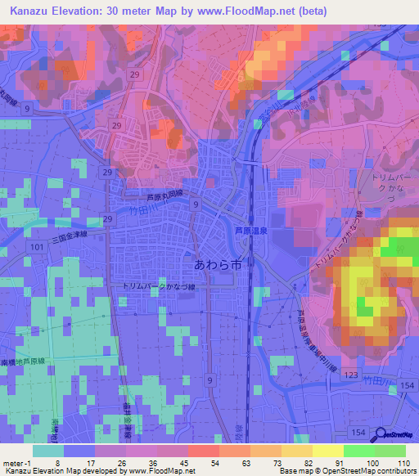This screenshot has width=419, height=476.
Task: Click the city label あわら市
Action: pyautogui.click(x=219, y=265)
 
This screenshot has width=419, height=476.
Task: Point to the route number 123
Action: pyautogui.click(x=349, y=375)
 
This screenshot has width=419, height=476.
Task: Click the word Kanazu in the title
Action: pyautogui.click(x=30, y=11)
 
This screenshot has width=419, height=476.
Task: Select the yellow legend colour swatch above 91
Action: pyautogui.click(x=327, y=450)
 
